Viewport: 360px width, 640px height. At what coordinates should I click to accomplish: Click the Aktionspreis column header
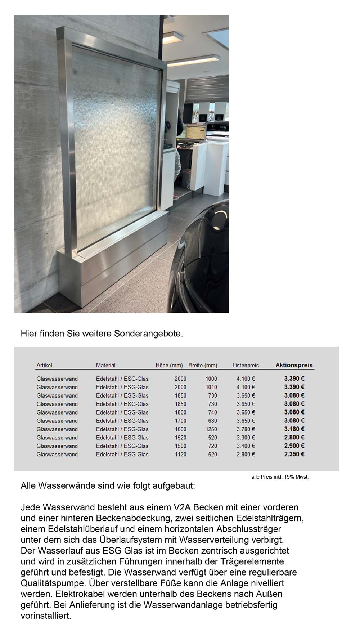(x=294, y=365)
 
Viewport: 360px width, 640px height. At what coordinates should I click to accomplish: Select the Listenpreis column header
(x=246, y=366)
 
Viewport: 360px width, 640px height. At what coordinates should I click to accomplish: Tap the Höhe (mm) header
(x=169, y=366)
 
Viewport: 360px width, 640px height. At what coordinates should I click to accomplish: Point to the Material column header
(x=105, y=366)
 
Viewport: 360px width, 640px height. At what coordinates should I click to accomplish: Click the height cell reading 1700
(x=180, y=421)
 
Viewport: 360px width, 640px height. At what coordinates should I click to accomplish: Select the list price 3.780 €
(x=246, y=429)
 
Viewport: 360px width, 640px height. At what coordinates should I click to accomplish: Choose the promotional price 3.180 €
(x=294, y=429)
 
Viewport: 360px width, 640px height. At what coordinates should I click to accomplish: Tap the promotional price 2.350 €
(x=294, y=454)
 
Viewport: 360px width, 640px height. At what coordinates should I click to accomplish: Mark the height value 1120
(x=180, y=455)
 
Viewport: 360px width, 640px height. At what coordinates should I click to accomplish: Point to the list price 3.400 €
(x=246, y=446)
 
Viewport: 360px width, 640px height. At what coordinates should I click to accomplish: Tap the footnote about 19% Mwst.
(x=280, y=477)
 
